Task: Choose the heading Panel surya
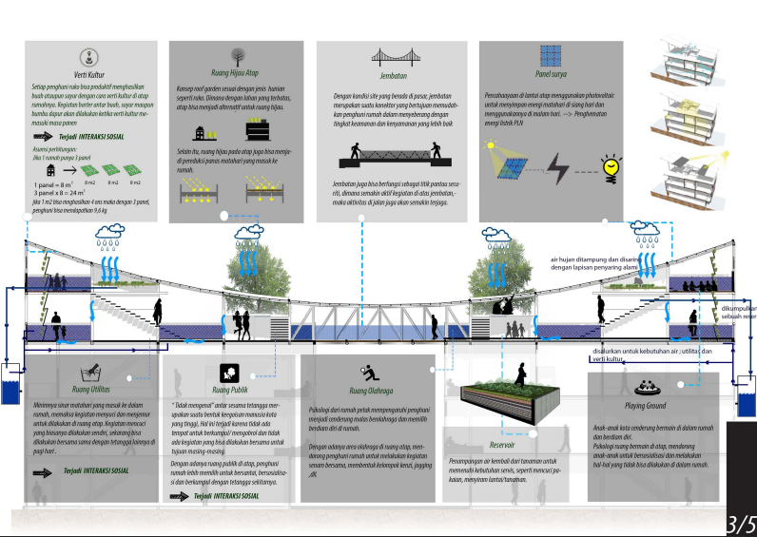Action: click(551, 72)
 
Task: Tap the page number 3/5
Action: click(741, 523)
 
